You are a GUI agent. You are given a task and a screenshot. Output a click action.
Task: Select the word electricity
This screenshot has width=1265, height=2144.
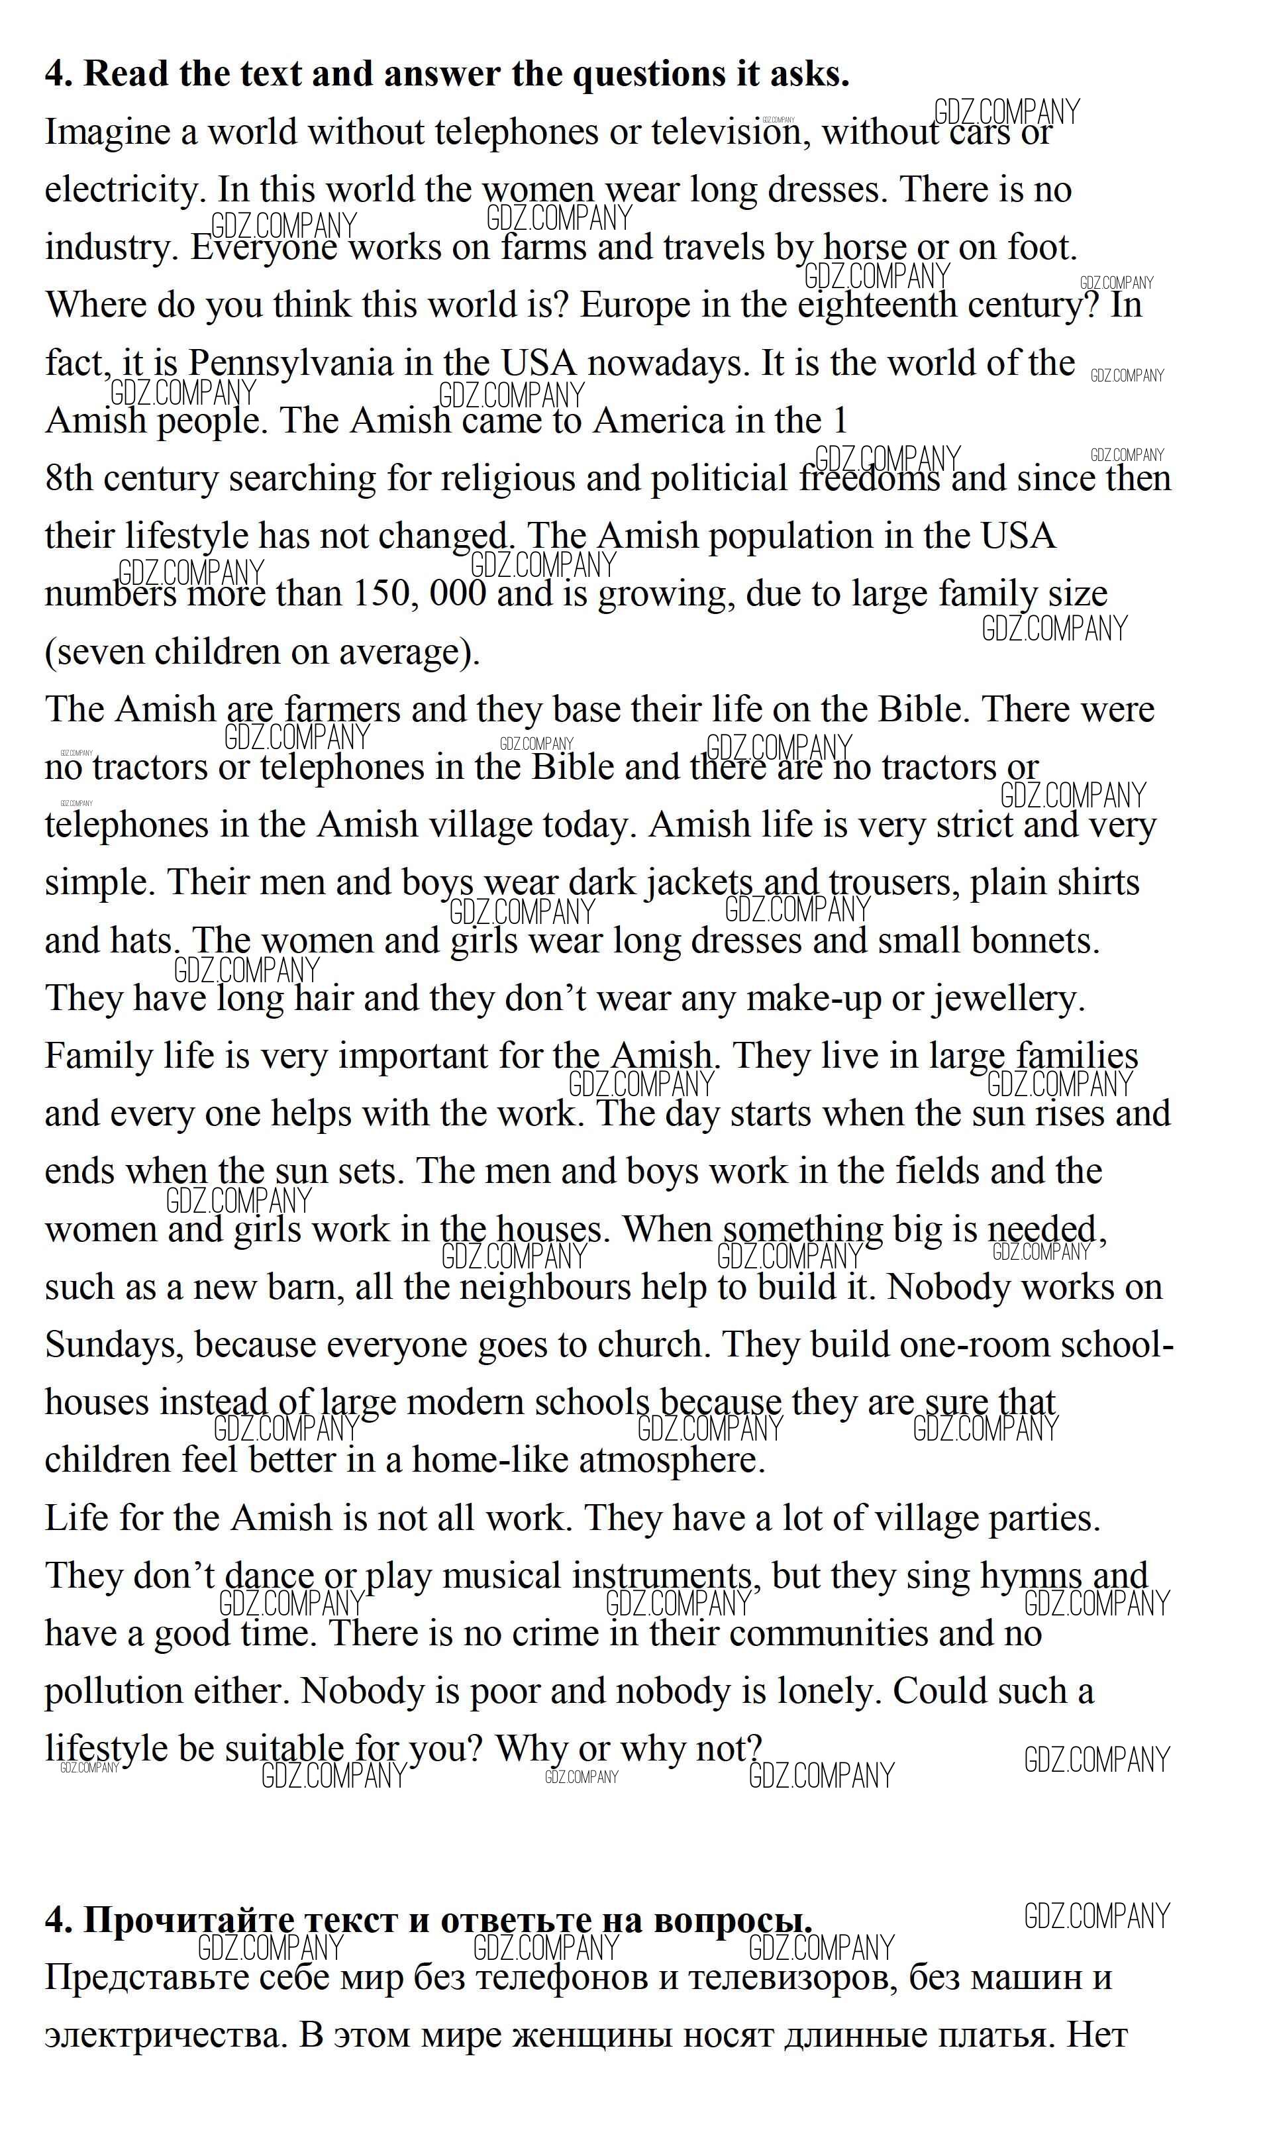(x=125, y=190)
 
